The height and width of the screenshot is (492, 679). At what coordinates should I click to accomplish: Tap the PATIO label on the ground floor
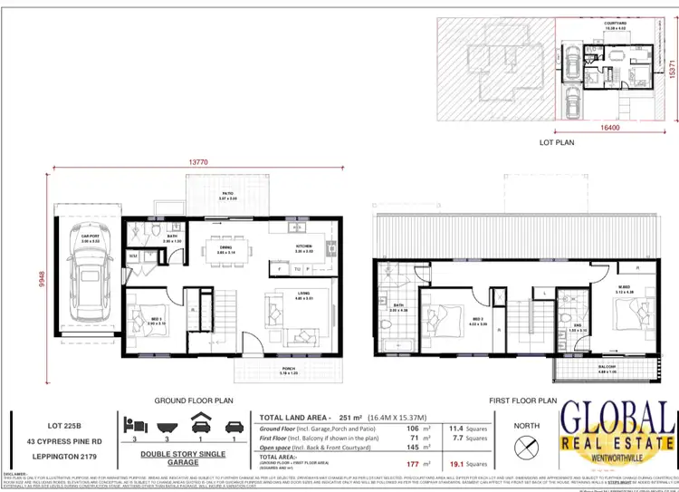tap(214, 193)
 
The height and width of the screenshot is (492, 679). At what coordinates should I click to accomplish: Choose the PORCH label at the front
tap(289, 370)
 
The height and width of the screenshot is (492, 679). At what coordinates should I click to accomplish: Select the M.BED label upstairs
tap(626, 288)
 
